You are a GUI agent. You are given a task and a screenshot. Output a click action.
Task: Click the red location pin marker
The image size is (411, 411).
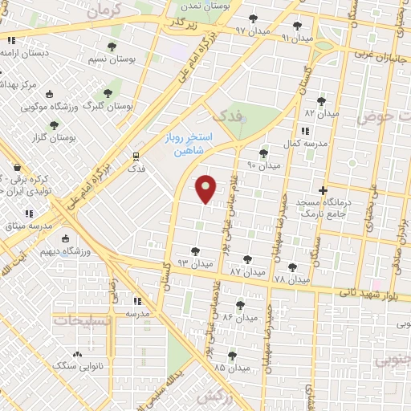206,188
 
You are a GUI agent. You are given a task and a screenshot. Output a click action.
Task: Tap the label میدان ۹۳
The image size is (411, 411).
195,263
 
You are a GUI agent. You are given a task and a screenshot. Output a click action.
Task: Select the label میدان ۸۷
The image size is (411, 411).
246,273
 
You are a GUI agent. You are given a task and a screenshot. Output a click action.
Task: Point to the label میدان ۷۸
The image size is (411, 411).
291,279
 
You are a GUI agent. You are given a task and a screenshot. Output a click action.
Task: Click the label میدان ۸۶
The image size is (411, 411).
240,318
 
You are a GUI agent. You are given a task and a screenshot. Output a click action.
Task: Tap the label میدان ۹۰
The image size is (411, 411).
264,165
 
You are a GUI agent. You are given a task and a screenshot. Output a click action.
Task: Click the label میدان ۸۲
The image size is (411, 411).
322,114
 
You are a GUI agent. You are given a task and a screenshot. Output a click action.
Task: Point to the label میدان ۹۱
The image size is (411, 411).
297,38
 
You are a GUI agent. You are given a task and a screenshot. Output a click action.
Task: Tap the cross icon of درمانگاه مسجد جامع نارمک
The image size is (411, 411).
323,191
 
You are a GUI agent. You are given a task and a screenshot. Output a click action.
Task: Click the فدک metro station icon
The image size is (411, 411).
136,157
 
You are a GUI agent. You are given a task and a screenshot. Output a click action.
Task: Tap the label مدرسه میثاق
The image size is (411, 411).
32,226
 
